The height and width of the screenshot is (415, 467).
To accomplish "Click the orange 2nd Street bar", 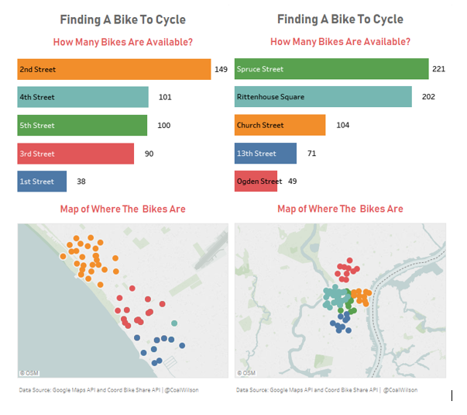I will tap(113, 69).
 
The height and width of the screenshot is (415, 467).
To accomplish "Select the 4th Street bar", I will tap(83, 97).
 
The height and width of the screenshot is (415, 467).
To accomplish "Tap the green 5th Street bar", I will tap(82, 125).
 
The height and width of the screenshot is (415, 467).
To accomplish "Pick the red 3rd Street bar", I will tap(76, 154).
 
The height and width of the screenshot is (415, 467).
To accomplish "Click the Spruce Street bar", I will tap(331, 69).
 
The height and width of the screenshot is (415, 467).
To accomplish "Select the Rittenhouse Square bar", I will tap(323, 97).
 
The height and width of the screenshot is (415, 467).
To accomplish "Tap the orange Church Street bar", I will tap(280, 125).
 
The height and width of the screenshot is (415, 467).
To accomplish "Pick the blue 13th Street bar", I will tap(265, 154).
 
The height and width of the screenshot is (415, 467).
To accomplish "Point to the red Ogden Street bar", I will tap(258, 182).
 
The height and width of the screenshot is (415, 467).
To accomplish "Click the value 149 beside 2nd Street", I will tap(221, 69).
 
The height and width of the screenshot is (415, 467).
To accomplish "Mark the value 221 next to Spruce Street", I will tap(438, 69).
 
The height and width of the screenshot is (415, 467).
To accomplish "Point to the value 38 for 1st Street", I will tap(81, 182).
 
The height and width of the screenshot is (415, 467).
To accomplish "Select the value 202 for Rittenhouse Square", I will tap(428, 97).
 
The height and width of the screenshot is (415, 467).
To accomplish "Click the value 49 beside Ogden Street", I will tap(292, 182).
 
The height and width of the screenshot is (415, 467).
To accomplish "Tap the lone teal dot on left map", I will tap(174, 323).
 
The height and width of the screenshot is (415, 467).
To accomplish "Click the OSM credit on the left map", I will tap(29, 373).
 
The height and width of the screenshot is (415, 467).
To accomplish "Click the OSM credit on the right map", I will tap(246, 373).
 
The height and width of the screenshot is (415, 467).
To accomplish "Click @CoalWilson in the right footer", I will tap(400, 390).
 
